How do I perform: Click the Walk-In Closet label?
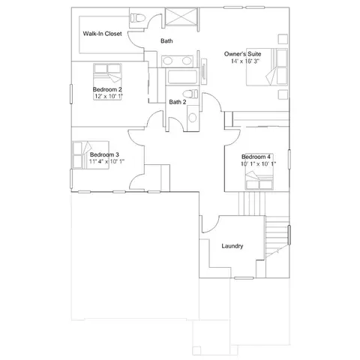coord(102,34)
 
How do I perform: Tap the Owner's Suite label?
coord(242,54)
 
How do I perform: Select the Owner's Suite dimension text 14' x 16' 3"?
coord(245,61)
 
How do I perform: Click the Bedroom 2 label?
coord(107,89)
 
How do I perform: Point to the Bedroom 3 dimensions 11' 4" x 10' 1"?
coord(106,161)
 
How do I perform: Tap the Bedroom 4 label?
coord(256,157)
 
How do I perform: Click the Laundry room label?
coord(232,246)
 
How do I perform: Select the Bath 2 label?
coord(178,102)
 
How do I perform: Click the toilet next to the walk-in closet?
coord(138,18)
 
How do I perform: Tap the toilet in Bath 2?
coord(190,94)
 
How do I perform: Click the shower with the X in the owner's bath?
coord(181,16)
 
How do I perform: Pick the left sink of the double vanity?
coord(168,61)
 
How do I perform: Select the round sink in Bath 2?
coord(193,118)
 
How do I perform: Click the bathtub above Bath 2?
coord(182,77)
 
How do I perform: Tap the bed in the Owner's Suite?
coord(267,67)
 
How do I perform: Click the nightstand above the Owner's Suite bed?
coord(283,39)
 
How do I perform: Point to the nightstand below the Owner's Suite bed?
coord(283,94)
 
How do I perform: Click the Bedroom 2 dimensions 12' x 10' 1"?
coord(109,96)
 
